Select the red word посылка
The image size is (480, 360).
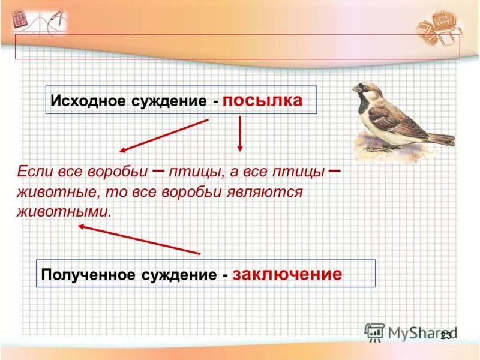point(262,100)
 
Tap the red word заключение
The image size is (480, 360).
point(287,274)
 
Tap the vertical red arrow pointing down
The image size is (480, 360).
point(240,133)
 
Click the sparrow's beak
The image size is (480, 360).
point(355,89)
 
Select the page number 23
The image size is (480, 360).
point(446,336)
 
